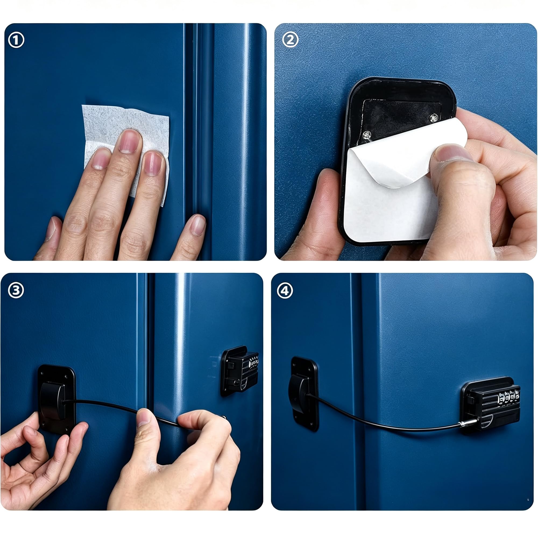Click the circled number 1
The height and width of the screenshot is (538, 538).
pos(16,40)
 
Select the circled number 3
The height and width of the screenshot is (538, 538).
pos(16,291)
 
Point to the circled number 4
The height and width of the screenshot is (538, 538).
pos(285,291)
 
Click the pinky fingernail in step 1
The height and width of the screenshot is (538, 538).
pos(198,225)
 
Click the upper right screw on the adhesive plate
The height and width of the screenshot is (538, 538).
pos(434,118)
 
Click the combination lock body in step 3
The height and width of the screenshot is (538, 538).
pos(239,370)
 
